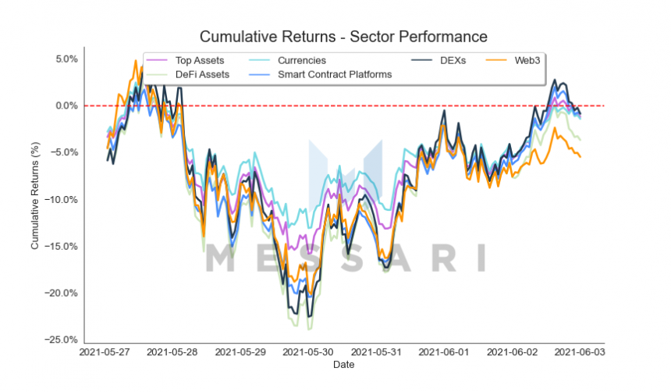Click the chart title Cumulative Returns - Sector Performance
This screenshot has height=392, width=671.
click(x=343, y=37)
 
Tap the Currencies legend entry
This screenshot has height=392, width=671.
click(x=302, y=60)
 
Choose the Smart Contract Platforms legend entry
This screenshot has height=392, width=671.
click(x=335, y=74)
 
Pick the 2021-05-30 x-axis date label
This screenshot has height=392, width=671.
click(x=309, y=353)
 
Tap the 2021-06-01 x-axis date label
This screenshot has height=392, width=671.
click(x=445, y=353)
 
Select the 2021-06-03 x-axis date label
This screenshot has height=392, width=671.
click(x=580, y=353)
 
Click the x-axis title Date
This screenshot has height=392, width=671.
click(x=343, y=365)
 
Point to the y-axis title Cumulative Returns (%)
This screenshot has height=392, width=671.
click(x=35, y=200)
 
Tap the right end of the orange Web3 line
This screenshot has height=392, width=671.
click(x=580, y=157)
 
